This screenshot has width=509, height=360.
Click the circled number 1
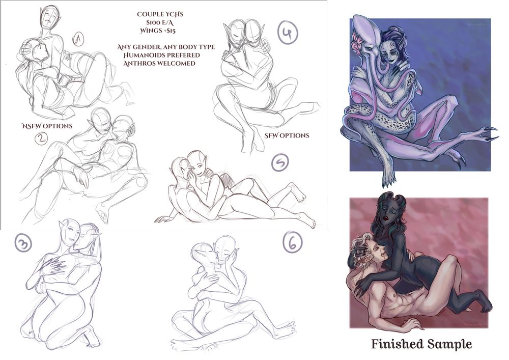[x=78, y=39]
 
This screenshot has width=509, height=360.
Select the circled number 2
[x=41, y=139]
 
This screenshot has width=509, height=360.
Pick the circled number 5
[x=279, y=163]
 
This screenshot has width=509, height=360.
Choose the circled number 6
[x=293, y=243]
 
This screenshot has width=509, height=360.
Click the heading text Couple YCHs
[x=160, y=14]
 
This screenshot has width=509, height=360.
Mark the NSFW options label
[x=47, y=126]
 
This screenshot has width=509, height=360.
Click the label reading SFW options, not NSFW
[x=287, y=135]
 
